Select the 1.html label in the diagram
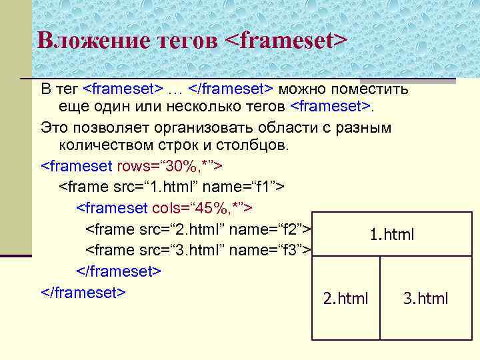point(392,235)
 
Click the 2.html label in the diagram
point(345,298)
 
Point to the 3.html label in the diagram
point(425,298)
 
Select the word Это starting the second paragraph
point(54,127)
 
